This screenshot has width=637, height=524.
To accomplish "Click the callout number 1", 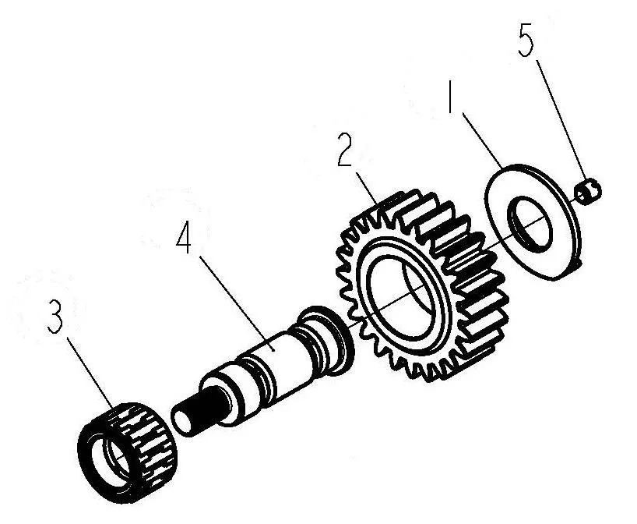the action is coord(449,96).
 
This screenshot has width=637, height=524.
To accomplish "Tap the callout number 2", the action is coord(345,149).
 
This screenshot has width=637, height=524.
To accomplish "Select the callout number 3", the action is coord(55,317).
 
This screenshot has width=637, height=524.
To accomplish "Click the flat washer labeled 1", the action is coord(532,221).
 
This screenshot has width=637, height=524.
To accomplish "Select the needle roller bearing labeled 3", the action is coord(127,451).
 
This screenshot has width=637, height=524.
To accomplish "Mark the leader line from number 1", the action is coord(483,141).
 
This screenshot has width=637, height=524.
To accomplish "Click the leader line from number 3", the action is coord(90,373).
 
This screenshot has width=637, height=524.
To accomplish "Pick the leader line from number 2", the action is coord(368,190).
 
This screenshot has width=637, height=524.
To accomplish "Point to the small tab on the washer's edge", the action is coord(578,265).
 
